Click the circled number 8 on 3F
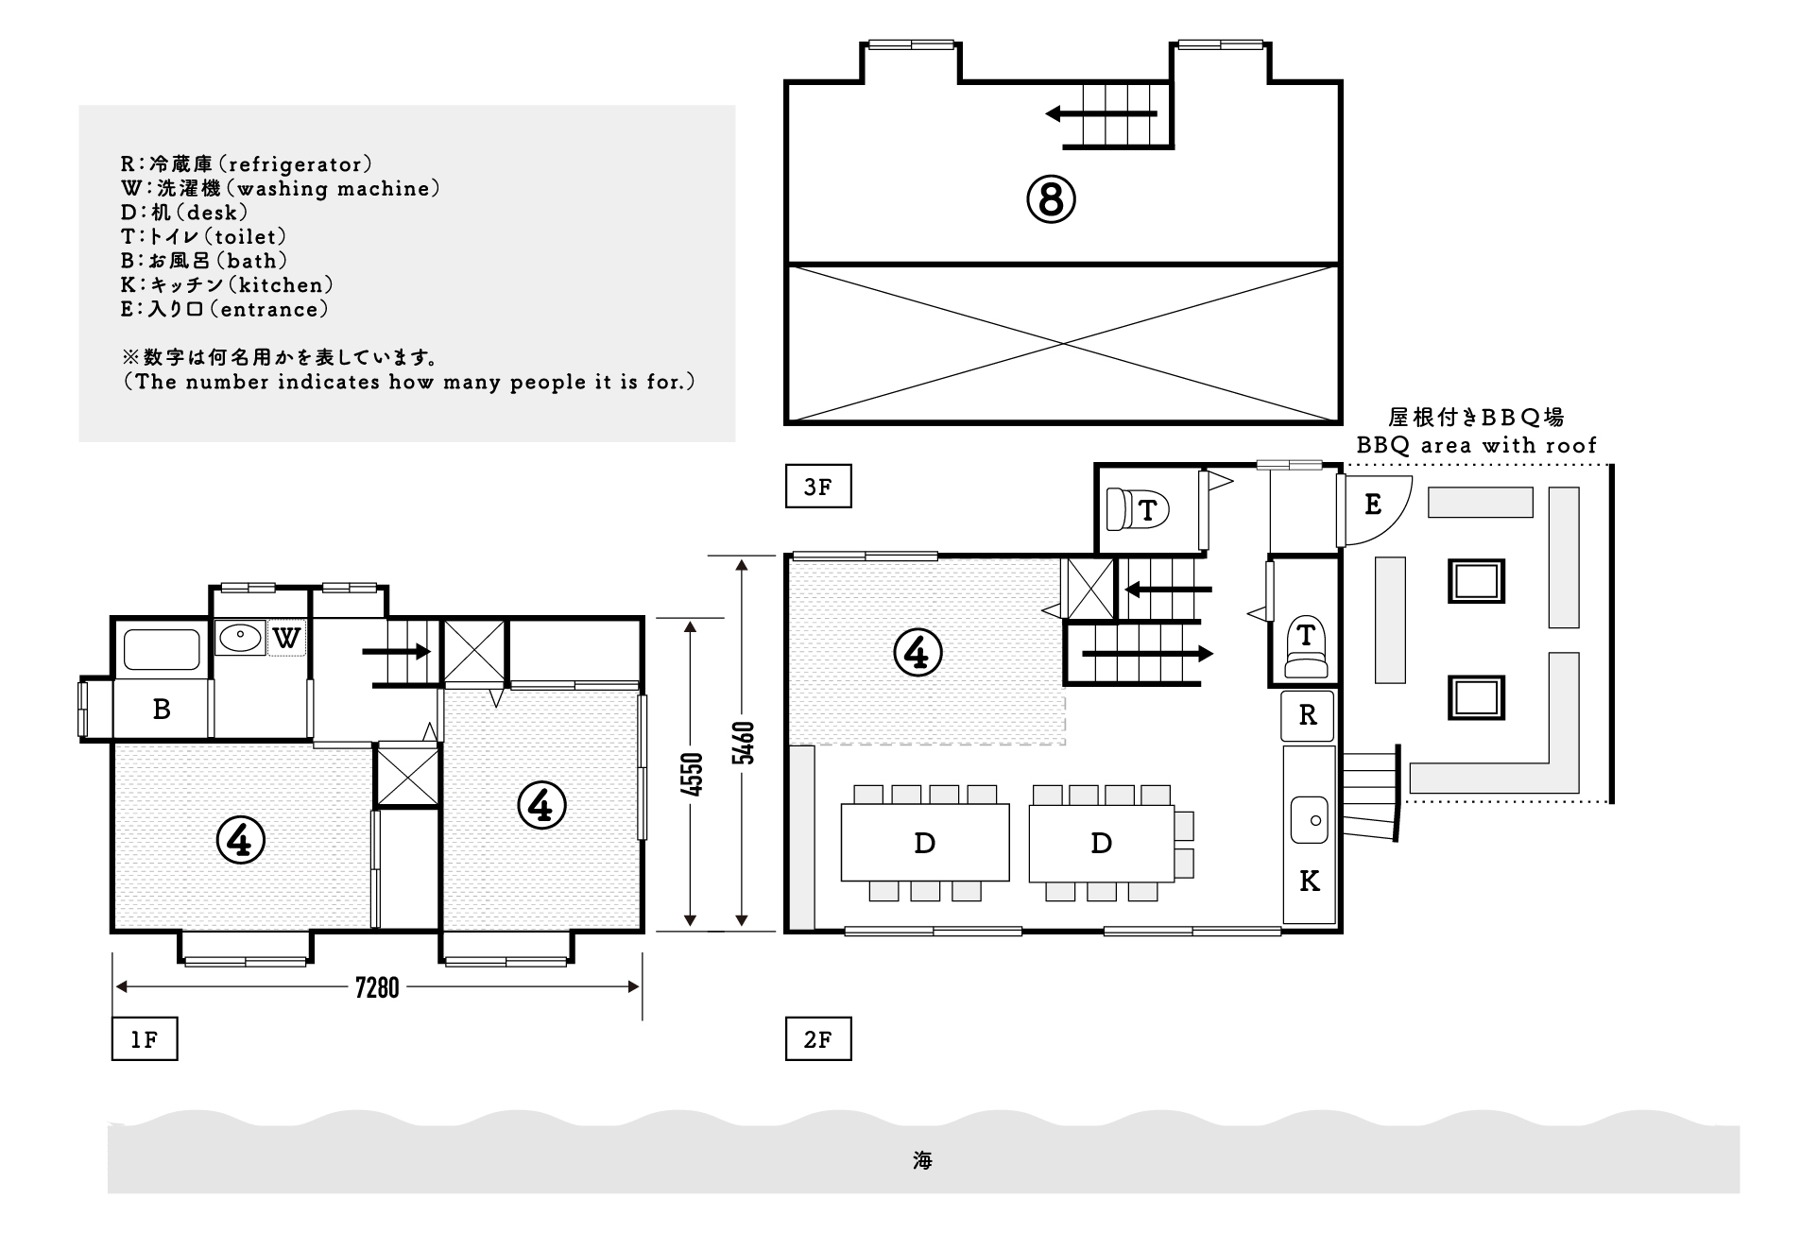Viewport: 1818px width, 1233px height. [1051, 199]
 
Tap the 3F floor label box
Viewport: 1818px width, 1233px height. [818, 487]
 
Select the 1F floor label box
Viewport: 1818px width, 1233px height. [145, 1039]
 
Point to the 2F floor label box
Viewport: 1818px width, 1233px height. [818, 1039]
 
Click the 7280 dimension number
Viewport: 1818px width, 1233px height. [377, 987]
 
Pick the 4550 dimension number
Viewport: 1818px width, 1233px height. [693, 774]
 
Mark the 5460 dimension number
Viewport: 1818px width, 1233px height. [744, 744]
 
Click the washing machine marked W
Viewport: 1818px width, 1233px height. [286, 638]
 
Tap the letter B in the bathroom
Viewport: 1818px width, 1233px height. [162, 709]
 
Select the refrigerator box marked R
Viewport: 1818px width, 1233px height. [1308, 715]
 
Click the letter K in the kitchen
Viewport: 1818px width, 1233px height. [1309, 882]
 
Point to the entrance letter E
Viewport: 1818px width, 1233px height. [1373, 505]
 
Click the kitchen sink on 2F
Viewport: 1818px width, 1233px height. [1310, 819]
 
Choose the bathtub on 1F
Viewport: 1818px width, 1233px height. [162, 649]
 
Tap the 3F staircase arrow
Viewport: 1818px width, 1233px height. [1101, 114]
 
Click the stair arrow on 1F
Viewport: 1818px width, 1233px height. [397, 651]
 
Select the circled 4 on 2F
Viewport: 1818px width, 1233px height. [918, 652]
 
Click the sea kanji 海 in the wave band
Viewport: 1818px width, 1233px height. [923, 1160]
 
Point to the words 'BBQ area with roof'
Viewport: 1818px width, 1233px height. [1477, 445]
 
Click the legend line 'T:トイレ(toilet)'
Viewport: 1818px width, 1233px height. [204, 236]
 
